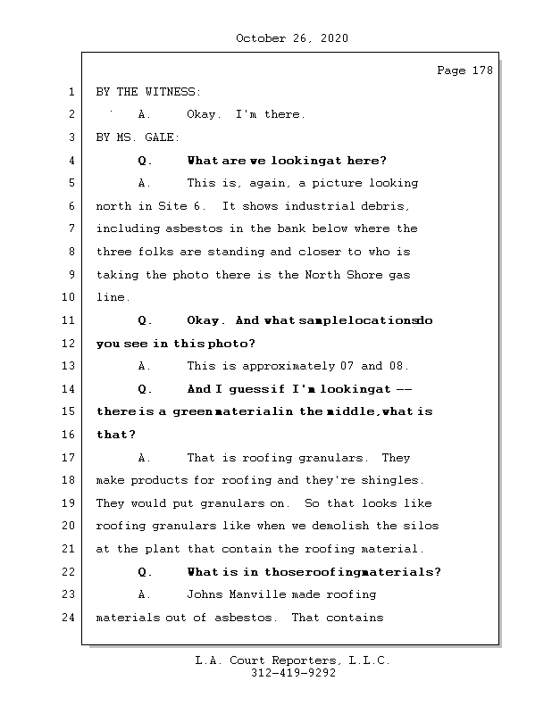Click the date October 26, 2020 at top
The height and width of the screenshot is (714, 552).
pyautogui.click(x=292, y=38)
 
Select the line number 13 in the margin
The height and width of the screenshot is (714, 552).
pyautogui.click(x=71, y=366)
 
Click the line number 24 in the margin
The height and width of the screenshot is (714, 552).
pyautogui.click(x=71, y=618)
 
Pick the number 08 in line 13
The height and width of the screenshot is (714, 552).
pyautogui.click(x=397, y=366)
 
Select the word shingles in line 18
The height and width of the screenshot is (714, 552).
pyautogui.click(x=393, y=480)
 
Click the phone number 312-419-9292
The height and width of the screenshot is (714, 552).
pyautogui.click(x=293, y=674)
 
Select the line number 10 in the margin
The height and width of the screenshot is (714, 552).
pyautogui.click(x=71, y=297)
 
